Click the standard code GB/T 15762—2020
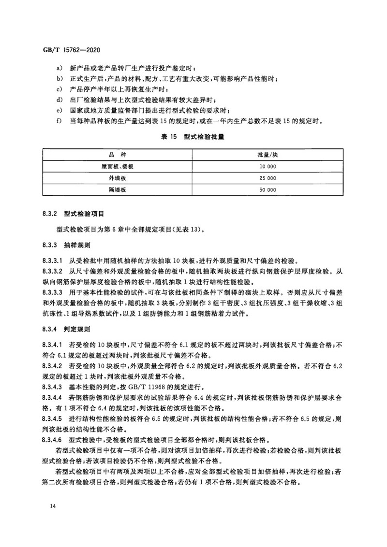[72, 49]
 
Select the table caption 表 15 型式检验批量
[193, 137]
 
